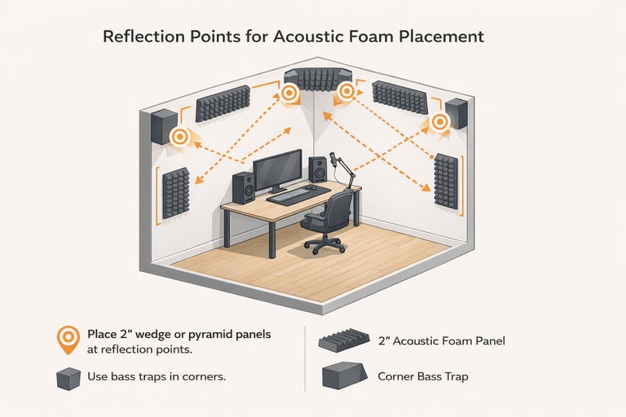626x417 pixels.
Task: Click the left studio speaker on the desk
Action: click(244, 187)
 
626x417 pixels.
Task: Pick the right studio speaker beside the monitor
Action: click(319, 169)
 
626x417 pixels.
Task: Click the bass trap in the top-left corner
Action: click(164, 125)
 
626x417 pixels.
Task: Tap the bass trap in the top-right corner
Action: click(456, 113)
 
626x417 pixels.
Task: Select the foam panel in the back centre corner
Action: click(318, 77)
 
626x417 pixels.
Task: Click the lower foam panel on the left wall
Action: click(176, 192)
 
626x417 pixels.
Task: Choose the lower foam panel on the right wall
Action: click(447, 181)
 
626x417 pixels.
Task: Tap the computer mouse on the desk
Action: click(312, 188)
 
